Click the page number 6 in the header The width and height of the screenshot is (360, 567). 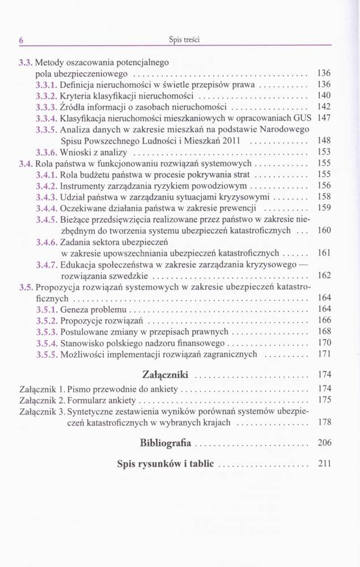(x=20, y=40)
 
